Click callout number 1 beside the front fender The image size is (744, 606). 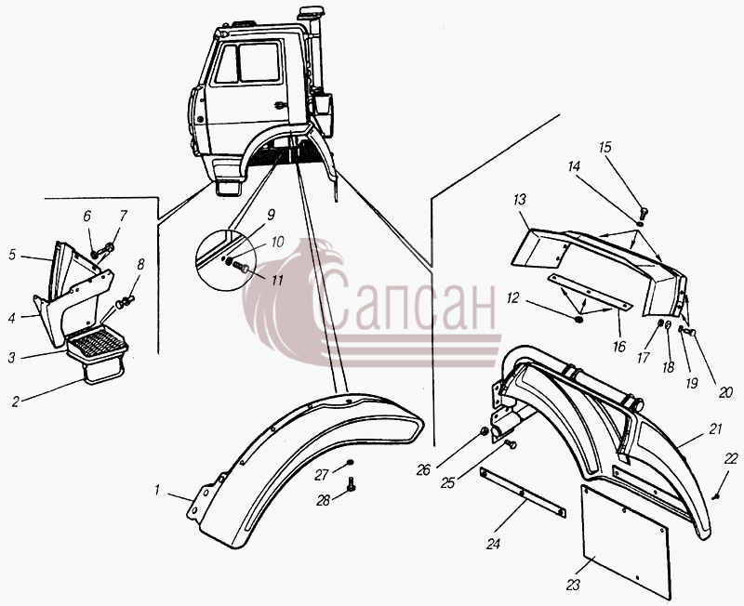click(x=157, y=491)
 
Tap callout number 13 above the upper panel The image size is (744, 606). click(x=520, y=199)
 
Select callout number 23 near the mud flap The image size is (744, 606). click(x=573, y=586)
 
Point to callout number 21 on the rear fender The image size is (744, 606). click(x=715, y=428)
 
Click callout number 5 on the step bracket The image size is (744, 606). click(x=12, y=255)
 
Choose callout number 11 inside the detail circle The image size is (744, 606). click(x=277, y=281)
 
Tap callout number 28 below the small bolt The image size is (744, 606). click(x=323, y=500)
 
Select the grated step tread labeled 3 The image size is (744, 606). click(x=98, y=343)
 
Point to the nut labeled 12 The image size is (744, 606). click(x=578, y=320)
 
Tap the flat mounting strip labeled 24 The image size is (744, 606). click(x=523, y=493)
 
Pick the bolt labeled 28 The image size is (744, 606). click(x=352, y=484)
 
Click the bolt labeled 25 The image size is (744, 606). click(x=510, y=444)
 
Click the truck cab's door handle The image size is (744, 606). click(x=281, y=104)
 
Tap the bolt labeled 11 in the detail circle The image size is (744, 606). click(x=241, y=268)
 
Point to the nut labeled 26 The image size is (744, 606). click(x=484, y=431)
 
